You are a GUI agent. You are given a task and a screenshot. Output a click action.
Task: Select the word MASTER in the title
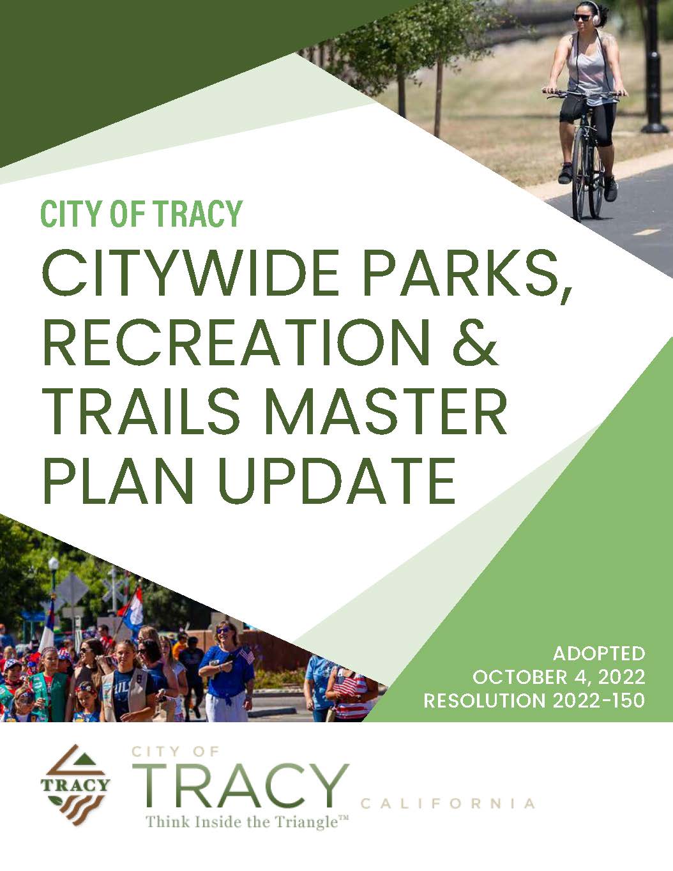(385, 412)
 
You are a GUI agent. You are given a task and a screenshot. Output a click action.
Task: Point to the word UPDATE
(336, 481)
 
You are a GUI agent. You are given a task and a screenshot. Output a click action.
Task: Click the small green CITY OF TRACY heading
(142, 214)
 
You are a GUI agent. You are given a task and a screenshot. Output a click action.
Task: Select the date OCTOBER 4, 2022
(559, 677)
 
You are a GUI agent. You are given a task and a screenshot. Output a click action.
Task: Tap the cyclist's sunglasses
(582, 17)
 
